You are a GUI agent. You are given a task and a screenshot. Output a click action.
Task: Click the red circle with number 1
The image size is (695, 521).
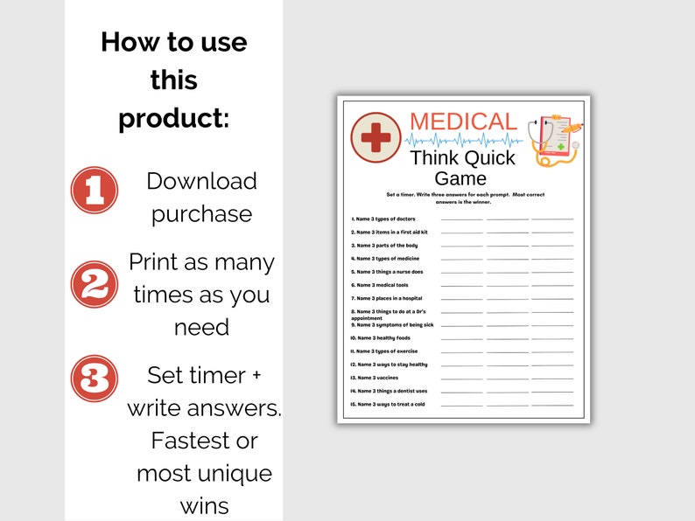(x=95, y=191)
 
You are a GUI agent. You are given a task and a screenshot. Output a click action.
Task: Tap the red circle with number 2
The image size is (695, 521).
(x=95, y=284)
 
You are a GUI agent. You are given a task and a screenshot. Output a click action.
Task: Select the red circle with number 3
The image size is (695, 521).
(x=95, y=379)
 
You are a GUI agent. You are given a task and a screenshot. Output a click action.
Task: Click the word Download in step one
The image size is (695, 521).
(x=201, y=181)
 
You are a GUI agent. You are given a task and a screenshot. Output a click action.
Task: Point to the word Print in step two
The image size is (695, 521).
(x=161, y=262)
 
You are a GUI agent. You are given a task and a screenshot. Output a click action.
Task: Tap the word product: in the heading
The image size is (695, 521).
(x=173, y=117)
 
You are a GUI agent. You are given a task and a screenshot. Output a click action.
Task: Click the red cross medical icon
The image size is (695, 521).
(x=376, y=137)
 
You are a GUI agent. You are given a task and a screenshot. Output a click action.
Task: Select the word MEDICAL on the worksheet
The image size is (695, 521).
(x=463, y=122)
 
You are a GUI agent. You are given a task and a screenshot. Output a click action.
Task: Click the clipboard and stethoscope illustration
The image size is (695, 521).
(x=556, y=138)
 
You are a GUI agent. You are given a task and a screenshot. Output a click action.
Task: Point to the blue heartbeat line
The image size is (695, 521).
(x=464, y=140)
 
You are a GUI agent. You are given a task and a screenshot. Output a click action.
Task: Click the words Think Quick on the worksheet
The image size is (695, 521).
(x=463, y=158)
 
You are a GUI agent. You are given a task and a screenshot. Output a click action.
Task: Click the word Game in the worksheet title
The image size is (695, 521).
(x=460, y=179)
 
